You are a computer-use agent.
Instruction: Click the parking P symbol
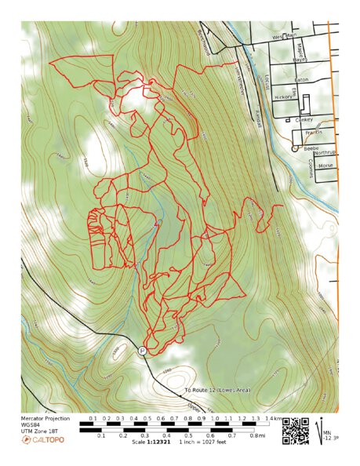142,351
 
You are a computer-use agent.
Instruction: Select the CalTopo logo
43,440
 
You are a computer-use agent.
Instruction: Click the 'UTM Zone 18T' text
39,432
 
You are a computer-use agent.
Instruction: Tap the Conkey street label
304,119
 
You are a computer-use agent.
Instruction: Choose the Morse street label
325,166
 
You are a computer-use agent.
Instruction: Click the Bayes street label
299,60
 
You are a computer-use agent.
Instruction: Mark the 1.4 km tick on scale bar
269,420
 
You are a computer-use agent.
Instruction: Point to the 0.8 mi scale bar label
256,435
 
